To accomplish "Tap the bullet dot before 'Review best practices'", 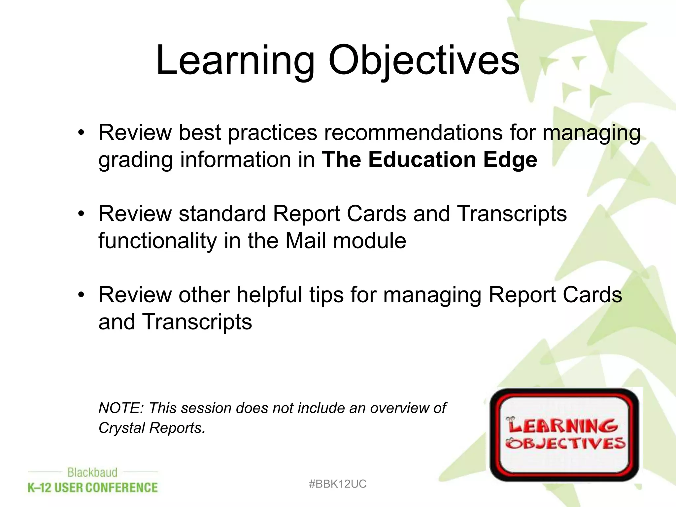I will coord(81,133).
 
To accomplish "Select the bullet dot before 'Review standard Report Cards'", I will coord(81,214).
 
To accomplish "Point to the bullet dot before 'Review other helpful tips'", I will coord(81,295).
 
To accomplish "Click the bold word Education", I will coord(422,160).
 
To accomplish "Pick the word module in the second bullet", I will coord(369,241).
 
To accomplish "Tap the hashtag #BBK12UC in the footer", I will coord(337,484).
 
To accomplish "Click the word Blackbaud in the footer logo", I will coord(92,472).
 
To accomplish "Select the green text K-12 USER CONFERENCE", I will coord(93,488).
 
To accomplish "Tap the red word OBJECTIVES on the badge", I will coord(565,443).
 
